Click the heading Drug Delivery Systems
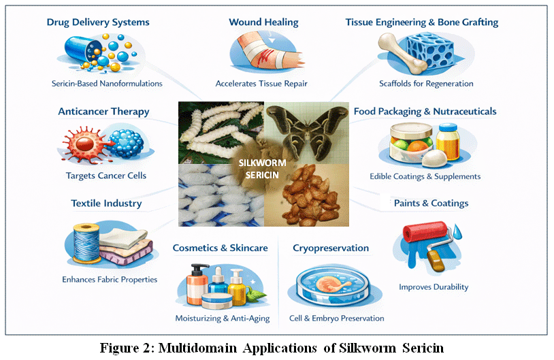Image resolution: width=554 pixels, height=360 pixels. click(98, 22)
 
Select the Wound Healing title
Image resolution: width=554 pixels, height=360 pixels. click(263, 22)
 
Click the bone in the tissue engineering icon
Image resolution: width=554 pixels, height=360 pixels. click(402, 52)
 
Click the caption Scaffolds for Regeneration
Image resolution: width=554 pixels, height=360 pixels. click(426, 84)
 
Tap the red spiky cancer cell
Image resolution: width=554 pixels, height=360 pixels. click(86, 145)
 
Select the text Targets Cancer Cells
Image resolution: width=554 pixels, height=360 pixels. click(106, 176)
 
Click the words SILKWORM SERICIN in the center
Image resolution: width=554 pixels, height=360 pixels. click(262, 169)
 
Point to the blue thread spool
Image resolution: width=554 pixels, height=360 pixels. click(86, 244)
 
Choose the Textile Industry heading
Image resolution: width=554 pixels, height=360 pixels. click(106, 203)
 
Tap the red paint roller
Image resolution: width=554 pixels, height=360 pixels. click(426, 231)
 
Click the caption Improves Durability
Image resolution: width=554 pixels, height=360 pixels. click(434, 287)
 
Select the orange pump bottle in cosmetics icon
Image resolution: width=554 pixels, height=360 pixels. click(197, 284)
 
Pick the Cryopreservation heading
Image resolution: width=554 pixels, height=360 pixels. click(331, 248)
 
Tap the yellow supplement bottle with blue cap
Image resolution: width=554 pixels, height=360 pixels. click(448, 142)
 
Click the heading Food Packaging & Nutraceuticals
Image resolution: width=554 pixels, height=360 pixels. click(425, 112)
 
